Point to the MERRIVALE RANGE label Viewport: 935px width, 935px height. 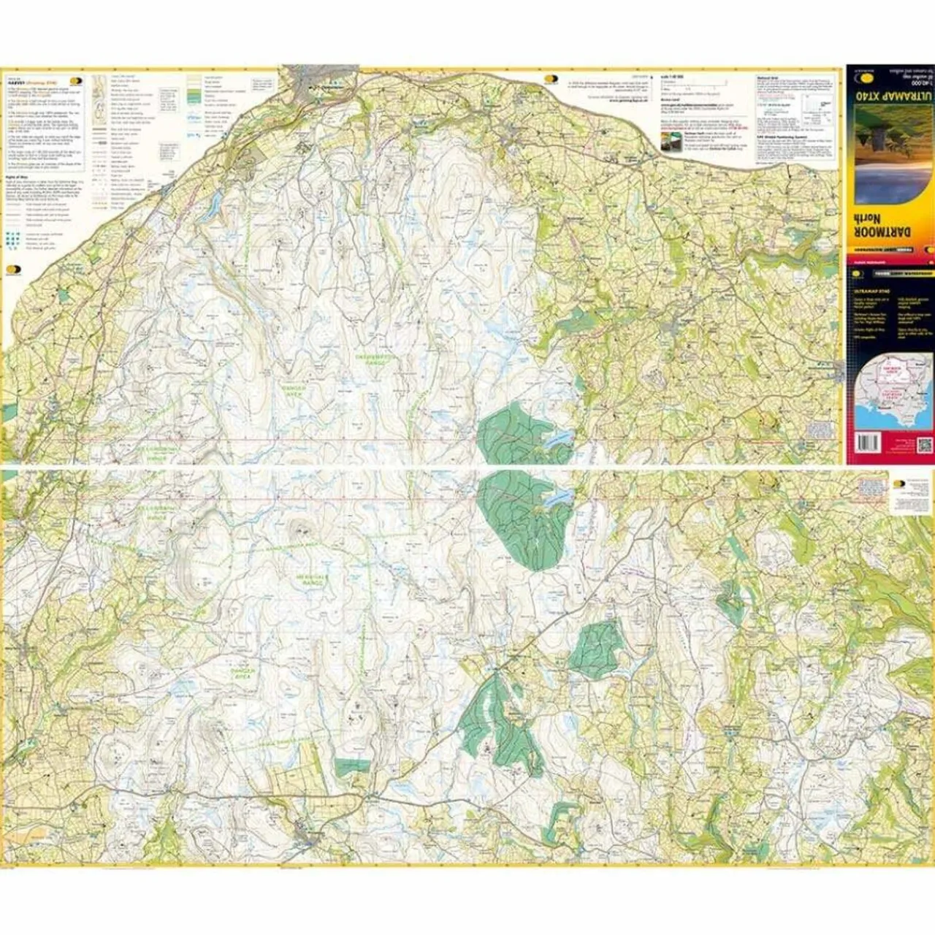(315, 577)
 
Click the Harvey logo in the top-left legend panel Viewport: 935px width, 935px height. (76, 81)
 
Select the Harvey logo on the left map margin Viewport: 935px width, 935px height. (14, 268)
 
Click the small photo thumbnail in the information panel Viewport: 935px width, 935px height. (665, 145)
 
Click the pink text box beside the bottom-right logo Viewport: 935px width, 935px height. (872, 488)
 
